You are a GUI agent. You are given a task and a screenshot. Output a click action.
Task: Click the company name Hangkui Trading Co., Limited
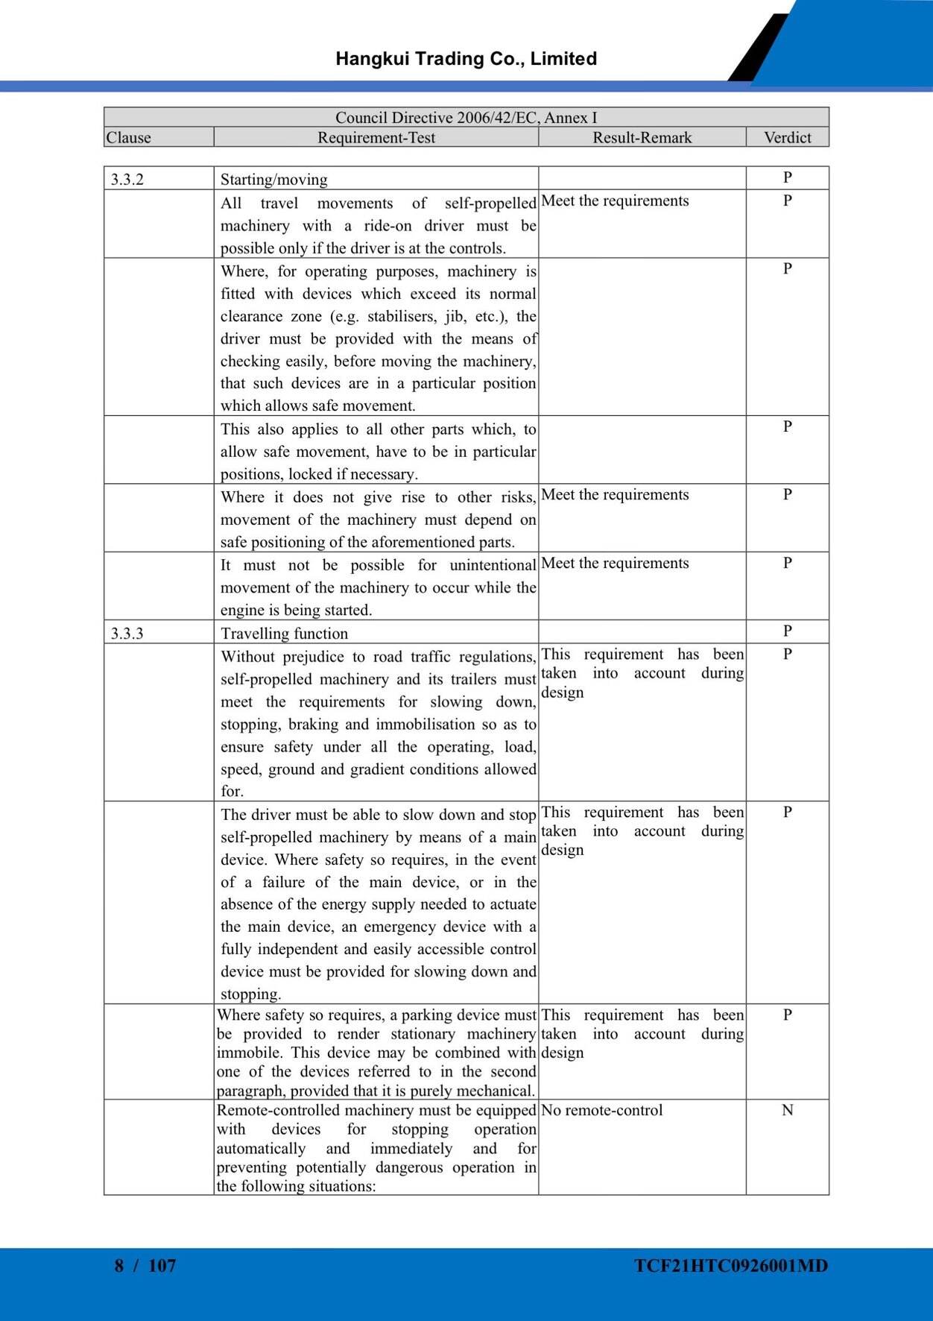pyautogui.click(x=466, y=59)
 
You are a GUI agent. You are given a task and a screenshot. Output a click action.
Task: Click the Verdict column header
pyautogui.click(x=787, y=137)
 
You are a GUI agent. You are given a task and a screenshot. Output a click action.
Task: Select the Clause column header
pyautogui.click(x=128, y=137)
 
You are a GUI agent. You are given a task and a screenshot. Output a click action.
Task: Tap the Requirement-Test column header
pyautogui.click(x=376, y=137)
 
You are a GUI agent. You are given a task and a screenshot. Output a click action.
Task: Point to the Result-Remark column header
pyautogui.click(x=642, y=137)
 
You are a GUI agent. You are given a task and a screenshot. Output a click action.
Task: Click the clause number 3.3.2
pyautogui.click(x=127, y=180)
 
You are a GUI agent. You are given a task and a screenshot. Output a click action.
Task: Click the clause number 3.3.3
pyautogui.click(x=127, y=634)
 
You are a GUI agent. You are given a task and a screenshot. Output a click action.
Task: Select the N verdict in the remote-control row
pyautogui.click(x=787, y=1110)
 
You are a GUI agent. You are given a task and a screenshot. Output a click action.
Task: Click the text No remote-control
pyautogui.click(x=601, y=1110)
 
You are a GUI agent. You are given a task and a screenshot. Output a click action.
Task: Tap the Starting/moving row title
pyautogui.click(x=273, y=180)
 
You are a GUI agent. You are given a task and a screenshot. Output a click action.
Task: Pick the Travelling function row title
pyautogui.click(x=284, y=634)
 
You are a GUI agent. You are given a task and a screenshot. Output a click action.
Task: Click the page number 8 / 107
pyautogui.click(x=145, y=1265)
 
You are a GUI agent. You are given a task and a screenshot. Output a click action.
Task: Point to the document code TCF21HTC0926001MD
pyautogui.click(x=731, y=1265)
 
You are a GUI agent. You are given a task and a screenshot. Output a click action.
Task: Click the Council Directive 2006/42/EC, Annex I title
pyautogui.click(x=466, y=117)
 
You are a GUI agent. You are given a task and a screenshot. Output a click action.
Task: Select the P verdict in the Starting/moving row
pyautogui.click(x=787, y=177)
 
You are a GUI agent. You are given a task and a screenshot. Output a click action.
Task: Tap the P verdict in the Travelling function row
pyautogui.click(x=787, y=631)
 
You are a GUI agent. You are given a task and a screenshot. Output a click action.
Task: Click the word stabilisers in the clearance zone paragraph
pyautogui.click(x=402, y=316)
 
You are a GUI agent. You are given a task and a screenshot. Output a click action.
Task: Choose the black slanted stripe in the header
pyautogui.click(x=759, y=48)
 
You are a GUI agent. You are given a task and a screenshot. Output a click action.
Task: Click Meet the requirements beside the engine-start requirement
pyautogui.click(x=615, y=563)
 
